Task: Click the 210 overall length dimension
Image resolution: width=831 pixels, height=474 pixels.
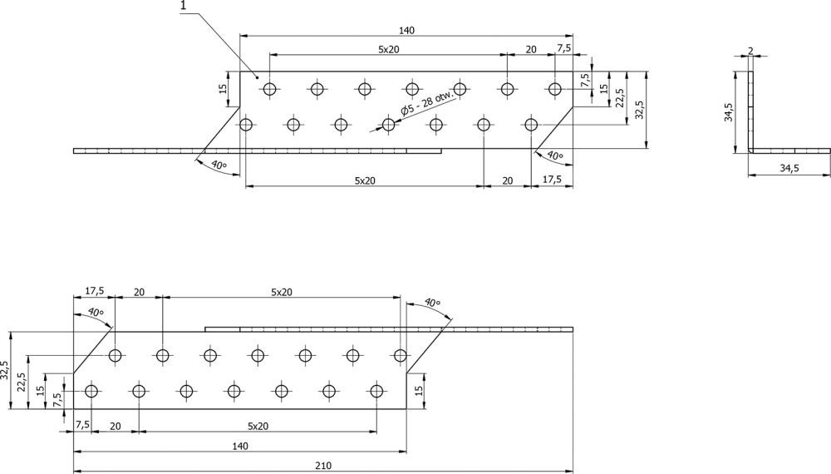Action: (x=323, y=466)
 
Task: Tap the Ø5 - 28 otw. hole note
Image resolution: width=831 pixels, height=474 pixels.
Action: (x=429, y=101)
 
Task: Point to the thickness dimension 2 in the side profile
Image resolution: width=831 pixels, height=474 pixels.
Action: (x=750, y=51)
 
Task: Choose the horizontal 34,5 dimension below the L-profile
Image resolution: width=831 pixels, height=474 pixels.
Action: (x=789, y=169)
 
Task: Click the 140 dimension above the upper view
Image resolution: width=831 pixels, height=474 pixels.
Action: (x=406, y=30)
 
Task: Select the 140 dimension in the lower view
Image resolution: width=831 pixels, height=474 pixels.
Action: (x=240, y=447)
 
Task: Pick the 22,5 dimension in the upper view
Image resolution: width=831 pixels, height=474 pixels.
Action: (x=621, y=98)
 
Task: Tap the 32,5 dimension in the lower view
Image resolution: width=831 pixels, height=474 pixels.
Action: (x=7, y=371)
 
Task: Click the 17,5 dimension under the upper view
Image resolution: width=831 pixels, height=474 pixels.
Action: (x=550, y=180)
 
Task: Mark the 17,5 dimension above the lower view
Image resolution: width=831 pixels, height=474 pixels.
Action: (x=94, y=291)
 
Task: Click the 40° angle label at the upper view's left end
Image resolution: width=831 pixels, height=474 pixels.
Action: (x=218, y=165)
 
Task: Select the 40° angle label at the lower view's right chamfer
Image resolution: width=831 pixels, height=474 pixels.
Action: (x=431, y=303)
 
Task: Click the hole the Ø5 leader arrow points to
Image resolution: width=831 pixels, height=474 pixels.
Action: (x=388, y=125)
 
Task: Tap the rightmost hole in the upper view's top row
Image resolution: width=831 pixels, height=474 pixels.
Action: (x=555, y=88)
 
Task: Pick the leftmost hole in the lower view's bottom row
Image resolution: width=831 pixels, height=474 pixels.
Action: (x=91, y=391)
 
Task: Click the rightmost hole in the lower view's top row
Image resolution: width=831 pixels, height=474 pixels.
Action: (x=401, y=356)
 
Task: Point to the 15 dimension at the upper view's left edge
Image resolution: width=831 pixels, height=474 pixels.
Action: (x=223, y=89)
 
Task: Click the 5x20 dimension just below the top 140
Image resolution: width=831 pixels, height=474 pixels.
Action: (x=388, y=49)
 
